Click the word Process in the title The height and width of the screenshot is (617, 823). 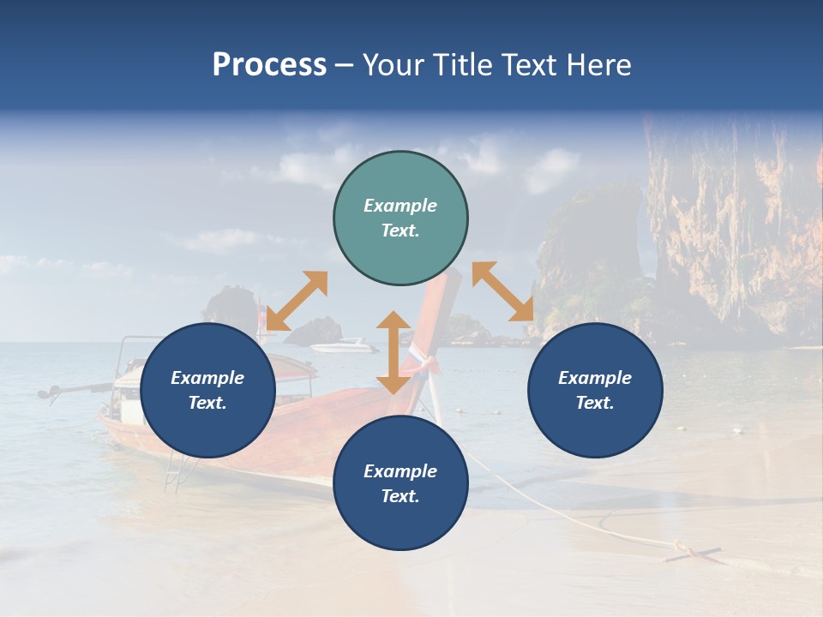click(269, 65)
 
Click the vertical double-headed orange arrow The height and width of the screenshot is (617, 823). click(393, 352)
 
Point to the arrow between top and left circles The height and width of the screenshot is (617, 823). click(297, 301)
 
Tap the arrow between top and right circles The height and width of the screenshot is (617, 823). click(502, 291)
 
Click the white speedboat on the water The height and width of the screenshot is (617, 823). click(343, 346)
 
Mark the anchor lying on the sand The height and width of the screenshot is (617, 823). click(691, 552)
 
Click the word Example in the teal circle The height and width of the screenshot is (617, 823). click(400, 206)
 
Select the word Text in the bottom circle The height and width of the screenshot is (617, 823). click(399, 496)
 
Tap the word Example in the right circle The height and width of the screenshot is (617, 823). click(595, 378)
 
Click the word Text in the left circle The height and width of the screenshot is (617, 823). click(207, 403)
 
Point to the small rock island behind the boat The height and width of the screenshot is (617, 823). click(314, 331)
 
